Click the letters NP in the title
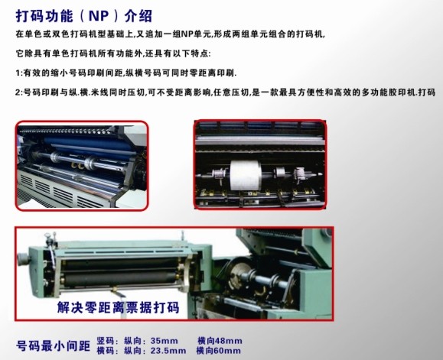tap(99, 16)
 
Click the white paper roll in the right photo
tap(245, 175)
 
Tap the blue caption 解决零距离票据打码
tap(118, 307)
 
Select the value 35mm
tap(164, 341)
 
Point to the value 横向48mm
tap(220, 341)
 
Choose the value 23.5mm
tap(168, 351)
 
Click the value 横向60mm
tap(219, 351)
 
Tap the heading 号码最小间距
tap(53, 345)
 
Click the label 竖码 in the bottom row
tap(105, 341)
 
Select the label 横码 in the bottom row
tap(105, 351)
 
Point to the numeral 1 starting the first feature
tap(18, 73)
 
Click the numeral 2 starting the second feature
tap(18, 92)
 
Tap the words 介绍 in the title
tap(138, 16)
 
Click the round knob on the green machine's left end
tap(23, 258)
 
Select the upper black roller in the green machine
tap(120, 263)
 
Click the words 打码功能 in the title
tap(44, 16)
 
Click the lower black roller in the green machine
tap(120, 278)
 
